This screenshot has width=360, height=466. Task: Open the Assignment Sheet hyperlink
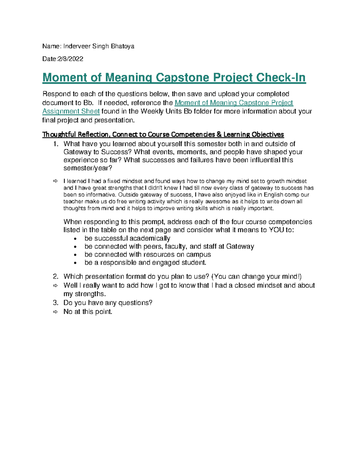(x=71, y=111)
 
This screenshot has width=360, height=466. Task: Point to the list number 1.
(x=55, y=144)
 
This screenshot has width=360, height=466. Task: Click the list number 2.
(x=55, y=276)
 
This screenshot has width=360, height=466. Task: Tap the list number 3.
(x=55, y=303)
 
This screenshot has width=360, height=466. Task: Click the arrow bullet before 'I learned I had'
(x=55, y=181)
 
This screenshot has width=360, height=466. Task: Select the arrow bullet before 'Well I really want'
(x=55, y=285)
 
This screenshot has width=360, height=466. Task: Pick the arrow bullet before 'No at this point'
(x=55, y=312)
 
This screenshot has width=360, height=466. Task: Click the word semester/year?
(x=88, y=168)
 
